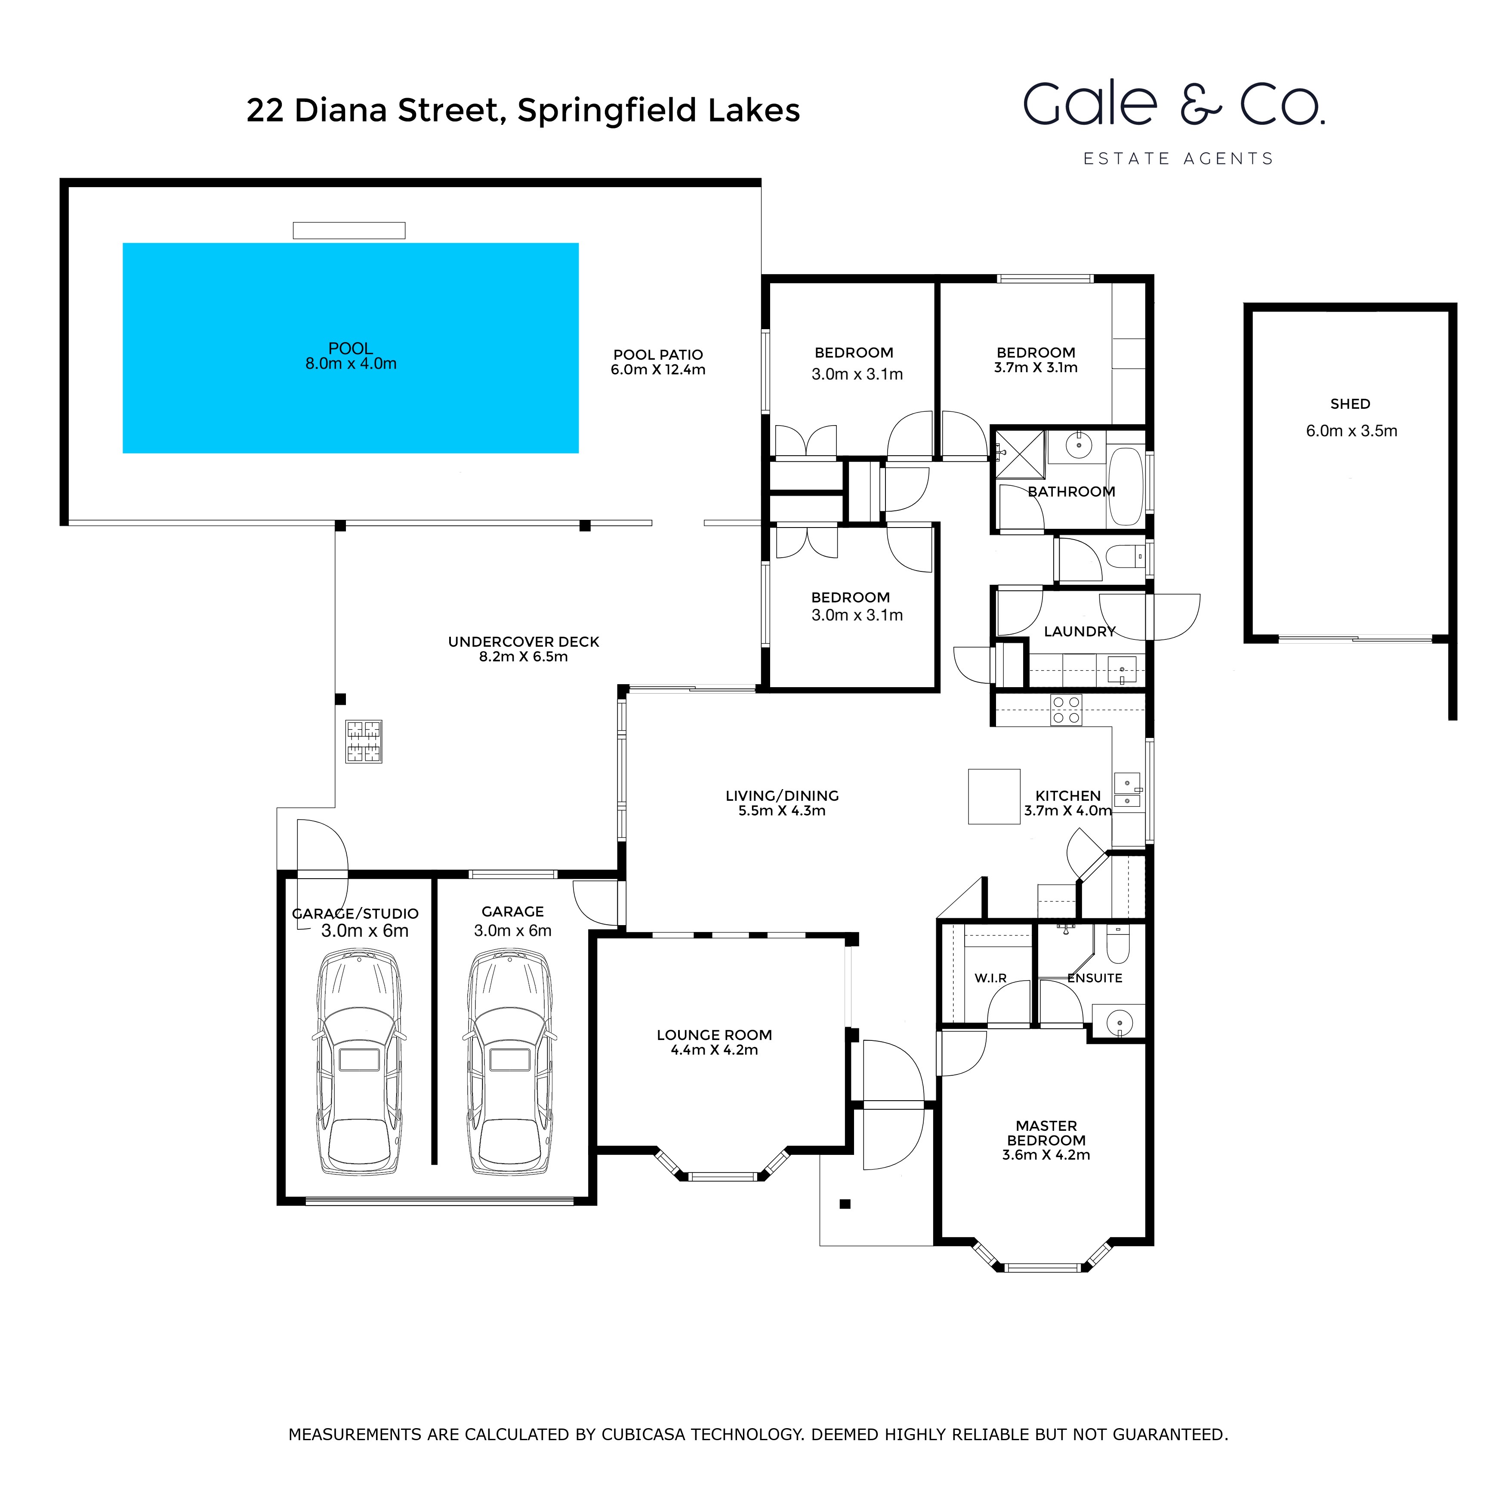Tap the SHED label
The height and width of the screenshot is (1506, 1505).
1350,404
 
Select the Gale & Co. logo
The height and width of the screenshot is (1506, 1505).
1174,105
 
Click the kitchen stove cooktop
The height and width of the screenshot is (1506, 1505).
1065,710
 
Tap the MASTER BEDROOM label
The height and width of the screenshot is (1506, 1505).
1046,1133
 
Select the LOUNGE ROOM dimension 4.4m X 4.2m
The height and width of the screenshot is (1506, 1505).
714,1050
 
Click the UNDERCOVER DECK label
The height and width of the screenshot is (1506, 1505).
523,642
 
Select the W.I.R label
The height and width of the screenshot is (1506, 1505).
990,978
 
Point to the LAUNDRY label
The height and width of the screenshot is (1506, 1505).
1079,631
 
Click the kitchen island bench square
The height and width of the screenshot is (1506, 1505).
994,796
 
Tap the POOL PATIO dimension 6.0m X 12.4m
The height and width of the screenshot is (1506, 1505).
658,370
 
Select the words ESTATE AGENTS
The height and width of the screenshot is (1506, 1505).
1178,159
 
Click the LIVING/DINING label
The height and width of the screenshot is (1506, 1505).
782,796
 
